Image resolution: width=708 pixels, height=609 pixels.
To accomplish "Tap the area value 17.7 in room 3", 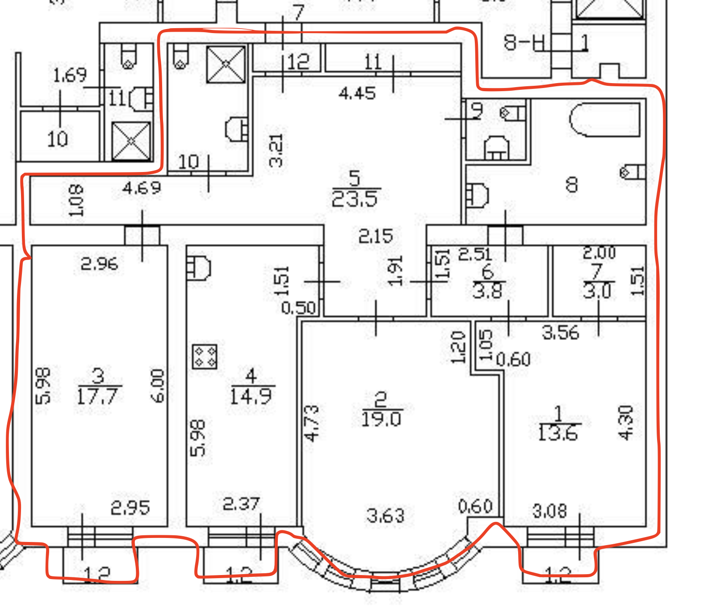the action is [97, 396].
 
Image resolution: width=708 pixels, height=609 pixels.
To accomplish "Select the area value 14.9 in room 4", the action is [251, 396].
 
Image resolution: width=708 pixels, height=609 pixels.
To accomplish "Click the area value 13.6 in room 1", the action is [557, 433].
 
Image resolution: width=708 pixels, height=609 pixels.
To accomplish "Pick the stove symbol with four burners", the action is [205, 357].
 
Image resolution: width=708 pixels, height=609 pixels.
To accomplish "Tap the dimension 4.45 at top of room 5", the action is [357, 93].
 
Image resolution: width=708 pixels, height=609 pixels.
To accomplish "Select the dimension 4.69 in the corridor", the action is [142, 188].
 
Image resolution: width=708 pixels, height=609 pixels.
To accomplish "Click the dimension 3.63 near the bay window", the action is [385, 516].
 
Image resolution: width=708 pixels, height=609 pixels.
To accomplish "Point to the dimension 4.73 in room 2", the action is [312, 423].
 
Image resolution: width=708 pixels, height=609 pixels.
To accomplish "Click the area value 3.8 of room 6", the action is [487, 291].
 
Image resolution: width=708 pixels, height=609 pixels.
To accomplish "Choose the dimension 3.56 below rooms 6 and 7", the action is [560, 333].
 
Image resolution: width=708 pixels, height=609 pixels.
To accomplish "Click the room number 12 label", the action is [298, 62].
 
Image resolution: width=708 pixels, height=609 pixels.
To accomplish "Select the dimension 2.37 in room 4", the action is [241, 504].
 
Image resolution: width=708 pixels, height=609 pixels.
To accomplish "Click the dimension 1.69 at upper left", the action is [70, 75].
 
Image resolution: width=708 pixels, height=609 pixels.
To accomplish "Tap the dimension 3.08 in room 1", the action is [549, 511].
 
